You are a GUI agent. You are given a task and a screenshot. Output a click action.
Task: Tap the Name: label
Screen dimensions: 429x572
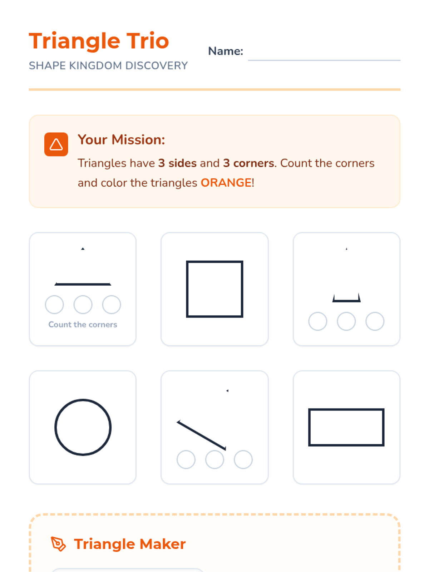coord(225,51)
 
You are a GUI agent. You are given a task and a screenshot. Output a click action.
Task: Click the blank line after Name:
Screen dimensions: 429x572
coord(324,60)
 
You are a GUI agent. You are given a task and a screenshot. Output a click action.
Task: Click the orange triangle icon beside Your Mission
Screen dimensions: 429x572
coord(56,144)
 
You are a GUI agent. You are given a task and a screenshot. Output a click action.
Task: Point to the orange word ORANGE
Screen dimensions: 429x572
coord(226,183)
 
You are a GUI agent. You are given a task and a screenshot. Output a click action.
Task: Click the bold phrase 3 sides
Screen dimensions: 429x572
coord(177,163)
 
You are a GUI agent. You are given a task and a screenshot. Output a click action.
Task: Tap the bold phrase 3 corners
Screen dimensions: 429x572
coord(249,163)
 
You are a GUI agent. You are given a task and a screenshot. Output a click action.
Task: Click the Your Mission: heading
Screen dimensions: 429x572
coord(122,140)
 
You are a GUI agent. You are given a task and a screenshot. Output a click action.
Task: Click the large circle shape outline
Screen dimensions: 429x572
coord(55,427)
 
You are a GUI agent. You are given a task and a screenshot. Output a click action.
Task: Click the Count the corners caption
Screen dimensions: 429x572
coord(83,325)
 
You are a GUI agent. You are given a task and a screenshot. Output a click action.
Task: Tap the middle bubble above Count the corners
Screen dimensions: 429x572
coord(83,304)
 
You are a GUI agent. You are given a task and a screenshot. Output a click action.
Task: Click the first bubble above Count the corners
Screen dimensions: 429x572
coord(54,304)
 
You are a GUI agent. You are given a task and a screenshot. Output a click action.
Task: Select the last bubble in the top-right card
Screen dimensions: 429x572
coord(375,321)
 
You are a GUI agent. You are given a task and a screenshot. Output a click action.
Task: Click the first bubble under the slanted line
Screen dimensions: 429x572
coord(186,459)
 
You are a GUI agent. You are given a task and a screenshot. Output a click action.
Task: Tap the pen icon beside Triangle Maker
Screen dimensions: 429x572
coord(58,544)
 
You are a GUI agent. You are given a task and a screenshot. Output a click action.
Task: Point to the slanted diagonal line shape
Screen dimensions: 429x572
coord(201,435)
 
